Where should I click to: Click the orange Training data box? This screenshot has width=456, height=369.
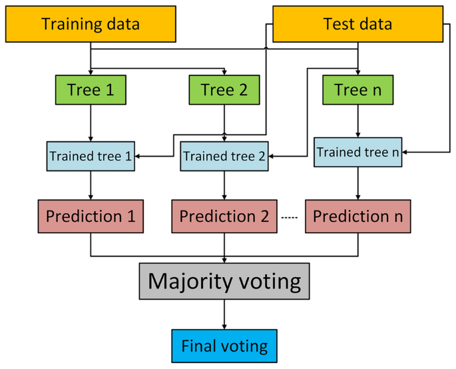pos(91,25)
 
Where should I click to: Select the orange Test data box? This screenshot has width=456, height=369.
pos(357,25)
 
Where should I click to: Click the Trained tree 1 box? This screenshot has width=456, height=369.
pos(91,157)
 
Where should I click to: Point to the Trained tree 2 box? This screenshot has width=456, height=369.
pos(224,157)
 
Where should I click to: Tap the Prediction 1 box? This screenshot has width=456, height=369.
pos(91,216)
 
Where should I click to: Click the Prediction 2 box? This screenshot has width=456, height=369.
pos(224,216)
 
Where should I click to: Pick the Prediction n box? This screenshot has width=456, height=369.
pos(358,216)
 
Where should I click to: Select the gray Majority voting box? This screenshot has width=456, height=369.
pos(224,282)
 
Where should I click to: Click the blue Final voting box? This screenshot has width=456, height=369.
pos(224,346)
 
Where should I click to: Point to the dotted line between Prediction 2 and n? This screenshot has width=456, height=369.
pos(288,218)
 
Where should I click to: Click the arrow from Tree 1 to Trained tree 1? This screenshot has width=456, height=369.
pos(91,123)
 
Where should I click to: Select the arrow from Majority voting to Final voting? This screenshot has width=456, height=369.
pos(224,314)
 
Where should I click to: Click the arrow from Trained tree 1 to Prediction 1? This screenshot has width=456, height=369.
pos(91,186)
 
